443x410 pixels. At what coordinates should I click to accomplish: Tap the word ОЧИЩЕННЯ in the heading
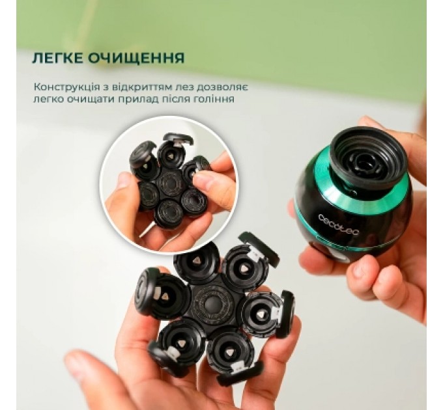[x=138, y=58]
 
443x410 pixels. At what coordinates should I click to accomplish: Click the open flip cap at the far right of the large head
[x=287, y=314]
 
